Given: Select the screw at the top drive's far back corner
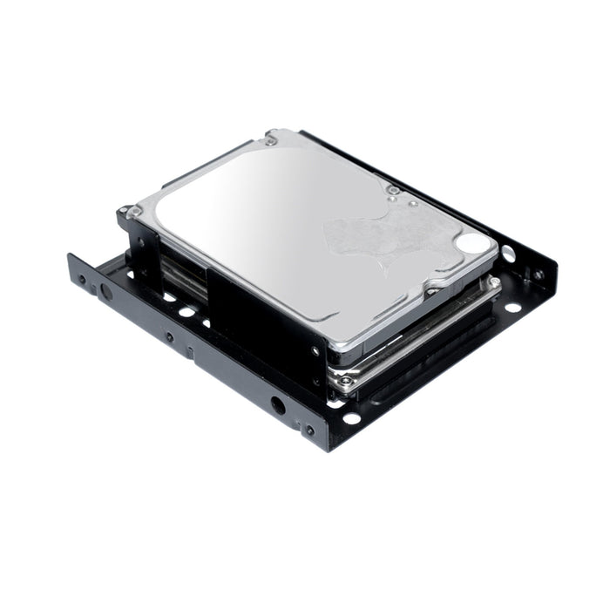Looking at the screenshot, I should tap(272, 139).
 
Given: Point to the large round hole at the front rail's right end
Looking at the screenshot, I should tap(277, 405).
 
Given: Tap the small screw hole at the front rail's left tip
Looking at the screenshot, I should tap(82, 281).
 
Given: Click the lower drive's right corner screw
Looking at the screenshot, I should tap(495, 282).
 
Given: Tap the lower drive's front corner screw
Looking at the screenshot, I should tap(345, 381).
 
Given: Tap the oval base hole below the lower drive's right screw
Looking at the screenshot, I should tap(512, 307).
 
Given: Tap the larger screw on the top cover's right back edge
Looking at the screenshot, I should tap(393, 190).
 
